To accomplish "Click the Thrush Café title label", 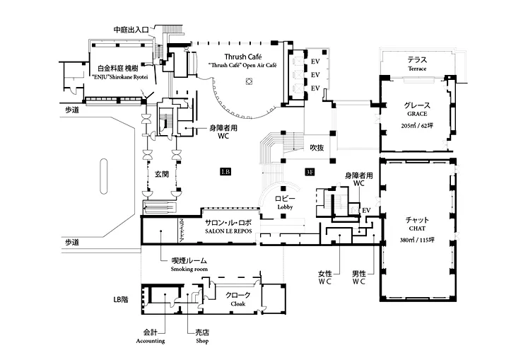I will pyautogui.click(x=242, y=56).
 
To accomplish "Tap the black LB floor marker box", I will pyautogui.click(x=225, y=172).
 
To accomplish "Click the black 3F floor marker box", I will pyautogui.click(x=310, y=172).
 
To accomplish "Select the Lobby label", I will pyautogui.click(x=284, y=203).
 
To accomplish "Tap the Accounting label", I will pyautogui.click(x=150, y=335).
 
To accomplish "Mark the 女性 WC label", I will pyautogui.click(x=325, y=277).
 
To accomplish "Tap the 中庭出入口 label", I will pyautogui.click(x=131, y=30).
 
